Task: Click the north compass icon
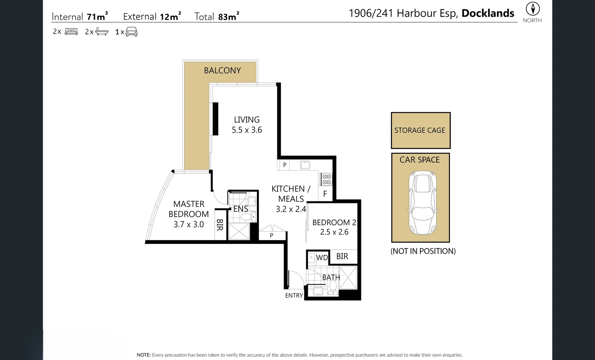pos(532,9)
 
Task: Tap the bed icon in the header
pos(71,32)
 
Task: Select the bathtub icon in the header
pos(102,32)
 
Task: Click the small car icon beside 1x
pos(131,32)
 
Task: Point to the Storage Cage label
pos(420,130)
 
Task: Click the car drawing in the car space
pos(422,202)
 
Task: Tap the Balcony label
pos(222,71)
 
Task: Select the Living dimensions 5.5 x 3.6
pos(247,130)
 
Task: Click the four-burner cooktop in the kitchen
pos(327,179)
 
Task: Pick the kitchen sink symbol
pos(305,165)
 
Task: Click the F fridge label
pos(325,194)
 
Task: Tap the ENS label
pos(241,209)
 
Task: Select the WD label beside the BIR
pos(322,258)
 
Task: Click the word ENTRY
pos(294,296)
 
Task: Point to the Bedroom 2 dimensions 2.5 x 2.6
pos(334,232)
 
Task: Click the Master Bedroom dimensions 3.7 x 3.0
pos(189,224)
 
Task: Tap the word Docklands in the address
pos(488,13)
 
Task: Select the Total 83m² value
pos(229,17)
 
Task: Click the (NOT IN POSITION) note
pos(423,251)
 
